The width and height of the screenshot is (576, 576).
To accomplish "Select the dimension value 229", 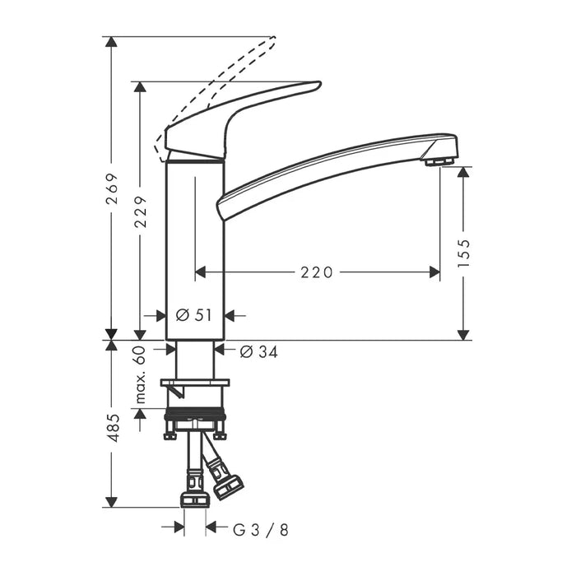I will pos(141,211).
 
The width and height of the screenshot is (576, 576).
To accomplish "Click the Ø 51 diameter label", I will pos(194,314).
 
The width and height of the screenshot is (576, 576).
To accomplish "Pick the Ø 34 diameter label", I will pos(258,352).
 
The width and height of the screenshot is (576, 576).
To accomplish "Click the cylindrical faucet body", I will pos(195,247).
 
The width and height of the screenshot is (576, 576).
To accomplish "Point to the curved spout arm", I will pos(329,165).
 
